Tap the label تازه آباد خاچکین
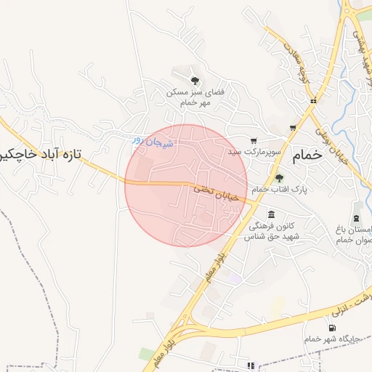pyautogui.click(x=41, y=155)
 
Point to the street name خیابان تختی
pyautogui.click(x=211, y=190)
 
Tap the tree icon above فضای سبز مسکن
pyautogui.click(x=194, y=80)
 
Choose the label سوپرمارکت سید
pyautogui.click(x=254, y=153)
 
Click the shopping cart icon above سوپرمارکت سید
pyautogui.click(x=254, y=141)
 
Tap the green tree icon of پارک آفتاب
pyautogui.click(x=280, y=177)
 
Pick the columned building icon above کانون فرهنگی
pyautogui.click(x=271, y=214)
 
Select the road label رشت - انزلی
pyautogui.click(x=361, y=300)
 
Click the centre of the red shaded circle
pyautogui.click(x=186, y=185)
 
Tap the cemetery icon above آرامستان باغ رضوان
pyautogui.click(x=356, y=217)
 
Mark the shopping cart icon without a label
pyautogui.click(x=293, y=128)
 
